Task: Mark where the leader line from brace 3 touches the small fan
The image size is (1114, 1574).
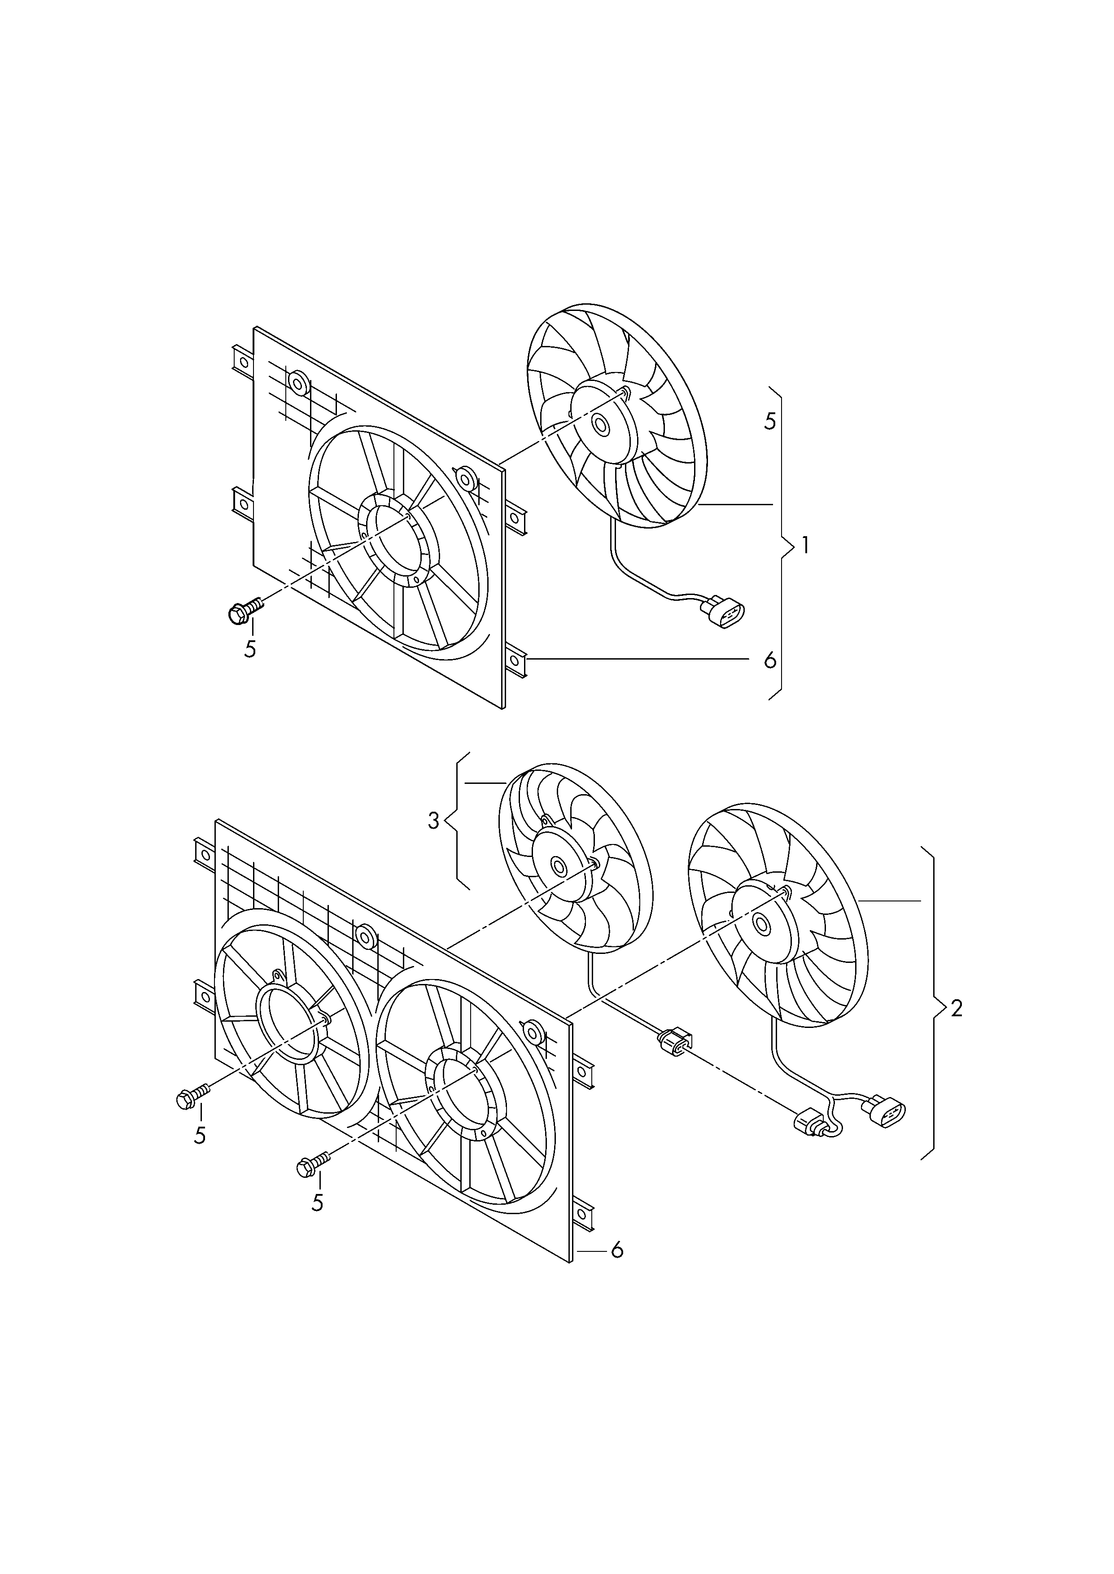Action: pos(506,783)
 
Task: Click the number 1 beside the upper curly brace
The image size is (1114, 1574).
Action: pos(805,546)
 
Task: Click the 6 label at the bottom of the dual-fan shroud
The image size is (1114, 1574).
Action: pos(617,1251)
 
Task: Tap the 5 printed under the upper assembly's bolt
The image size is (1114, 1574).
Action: pos(250,649)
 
